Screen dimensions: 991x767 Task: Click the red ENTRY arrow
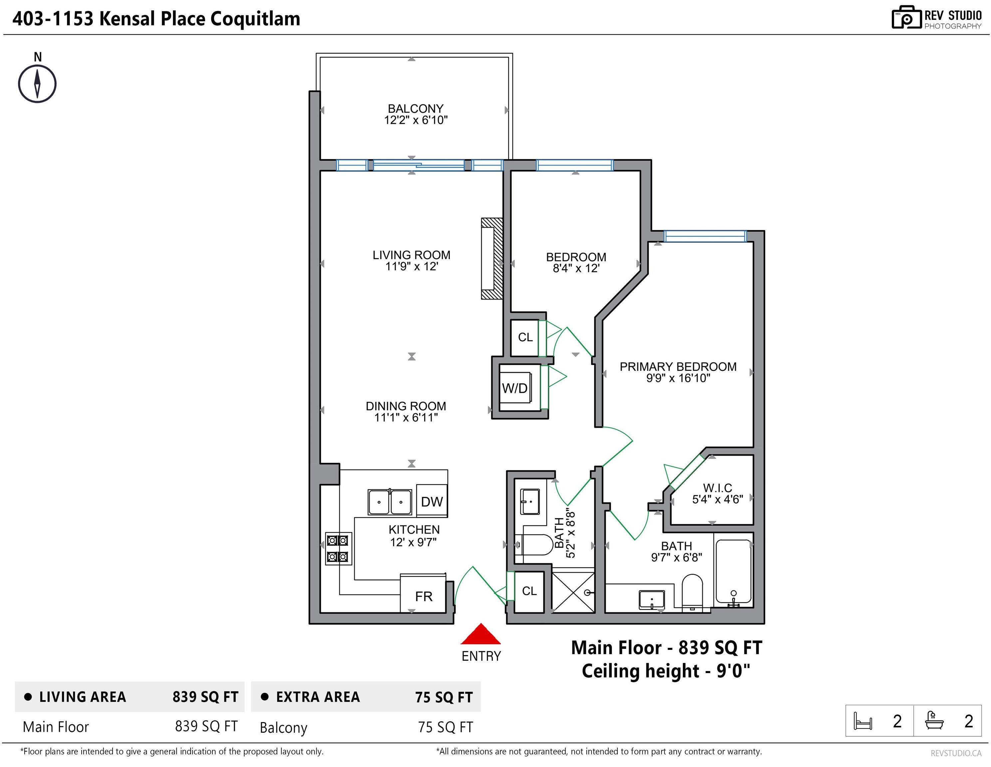(481, 634)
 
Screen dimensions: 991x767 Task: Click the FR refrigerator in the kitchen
(423, 594)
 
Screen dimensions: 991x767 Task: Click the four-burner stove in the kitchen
(338, 548)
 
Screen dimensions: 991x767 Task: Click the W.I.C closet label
(717, 488)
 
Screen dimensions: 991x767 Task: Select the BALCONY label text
(415, 109)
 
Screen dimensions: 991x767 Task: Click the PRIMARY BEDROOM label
(678, 367)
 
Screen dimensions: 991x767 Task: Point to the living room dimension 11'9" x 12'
(411, 266)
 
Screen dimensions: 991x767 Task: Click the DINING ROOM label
(406, 406)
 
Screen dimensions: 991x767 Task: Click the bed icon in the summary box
(862, 721)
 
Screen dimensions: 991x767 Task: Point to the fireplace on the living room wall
(492, 259)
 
